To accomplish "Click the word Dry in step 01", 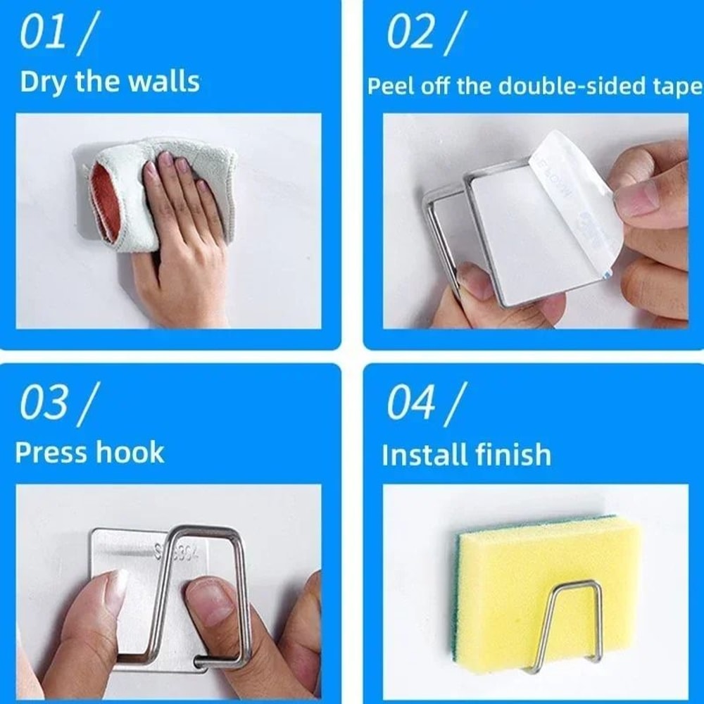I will coord(42,82).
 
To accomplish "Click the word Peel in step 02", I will coord(391,87).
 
